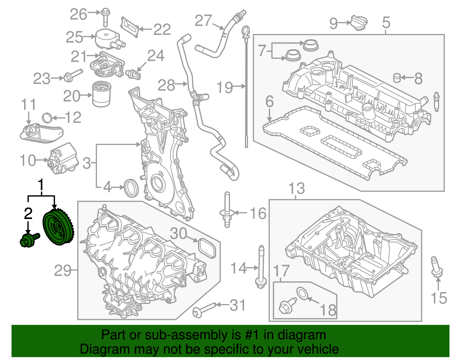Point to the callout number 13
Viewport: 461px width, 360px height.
pyautogui.click(x=296, y=189)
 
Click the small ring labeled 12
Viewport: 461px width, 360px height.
pyautogui.click(x=47, y=118)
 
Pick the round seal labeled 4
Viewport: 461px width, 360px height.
pyautogui.click(x=131, y=188)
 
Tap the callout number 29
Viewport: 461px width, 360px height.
pyautogui.click(x=63, y=271)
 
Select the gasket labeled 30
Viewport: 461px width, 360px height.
pyautogui.click(x=207, y=248)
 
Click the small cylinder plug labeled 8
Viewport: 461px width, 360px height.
pyautogui.click(x=397, y=78)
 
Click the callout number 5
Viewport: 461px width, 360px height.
pyautogui.click(x=386, y=22)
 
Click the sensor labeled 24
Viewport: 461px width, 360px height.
pyautogui.click(x=134, y=74)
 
